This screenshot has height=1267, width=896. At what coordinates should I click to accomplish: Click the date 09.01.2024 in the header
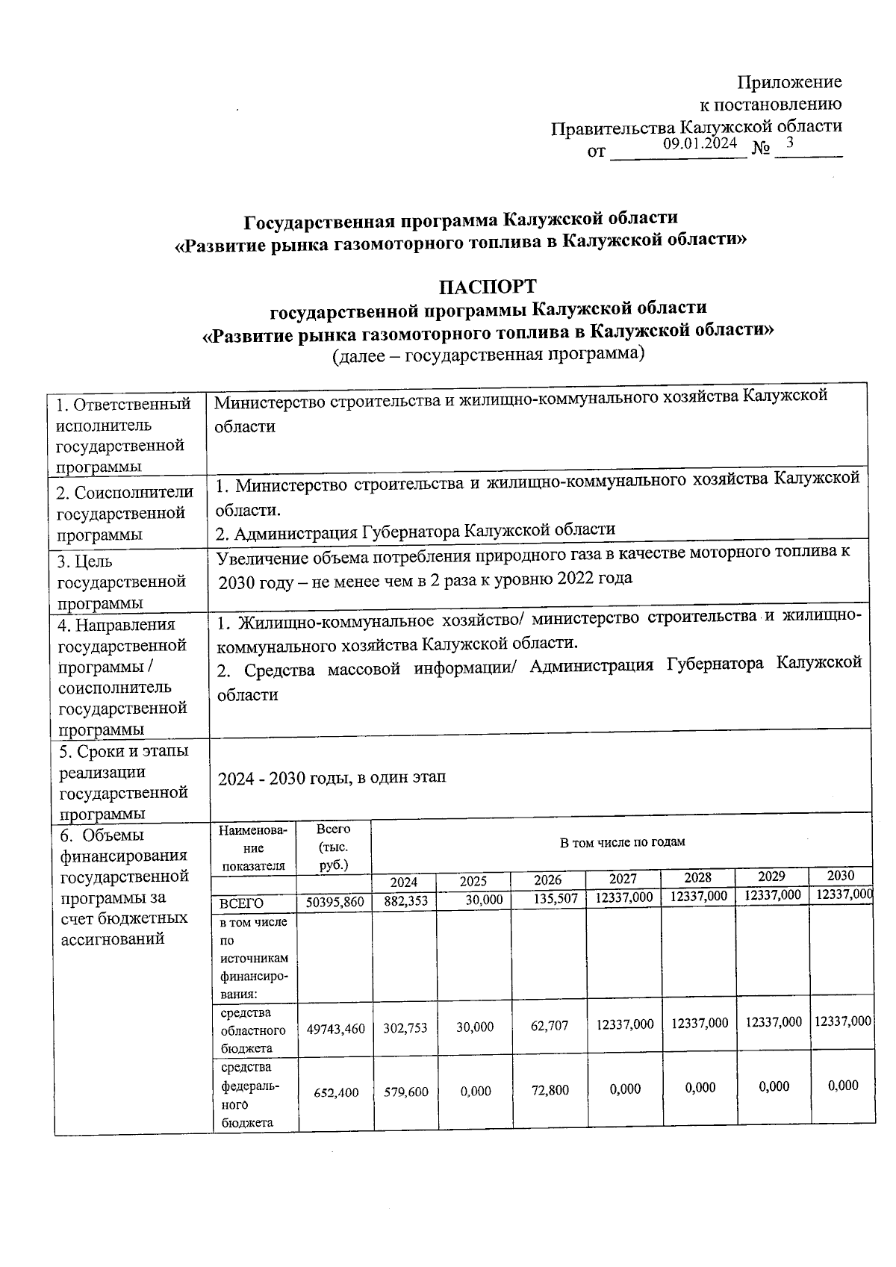[x=700, y=144]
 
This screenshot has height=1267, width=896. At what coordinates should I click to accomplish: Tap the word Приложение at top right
[x=790, y=82]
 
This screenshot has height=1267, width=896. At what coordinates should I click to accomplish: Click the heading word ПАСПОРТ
[x=487, y=287]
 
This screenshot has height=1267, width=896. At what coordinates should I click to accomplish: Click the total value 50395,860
[x=335, y=902]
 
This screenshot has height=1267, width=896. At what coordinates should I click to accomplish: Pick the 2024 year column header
[x=404, y=882]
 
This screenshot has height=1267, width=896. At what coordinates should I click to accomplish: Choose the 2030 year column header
[x=841, y=875]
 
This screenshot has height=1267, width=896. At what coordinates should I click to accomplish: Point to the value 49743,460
[x=335, y=1030]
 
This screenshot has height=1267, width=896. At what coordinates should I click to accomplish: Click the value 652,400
[x=335, y=1092]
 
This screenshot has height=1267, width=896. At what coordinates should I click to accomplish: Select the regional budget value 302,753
[x=405, y=1028]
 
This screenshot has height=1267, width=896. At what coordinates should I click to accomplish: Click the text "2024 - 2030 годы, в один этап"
[x=332, y=777]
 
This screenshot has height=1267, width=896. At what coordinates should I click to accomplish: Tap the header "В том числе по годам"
[x=622, y=842]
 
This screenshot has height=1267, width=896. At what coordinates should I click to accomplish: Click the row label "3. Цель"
[x=85, y=561]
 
